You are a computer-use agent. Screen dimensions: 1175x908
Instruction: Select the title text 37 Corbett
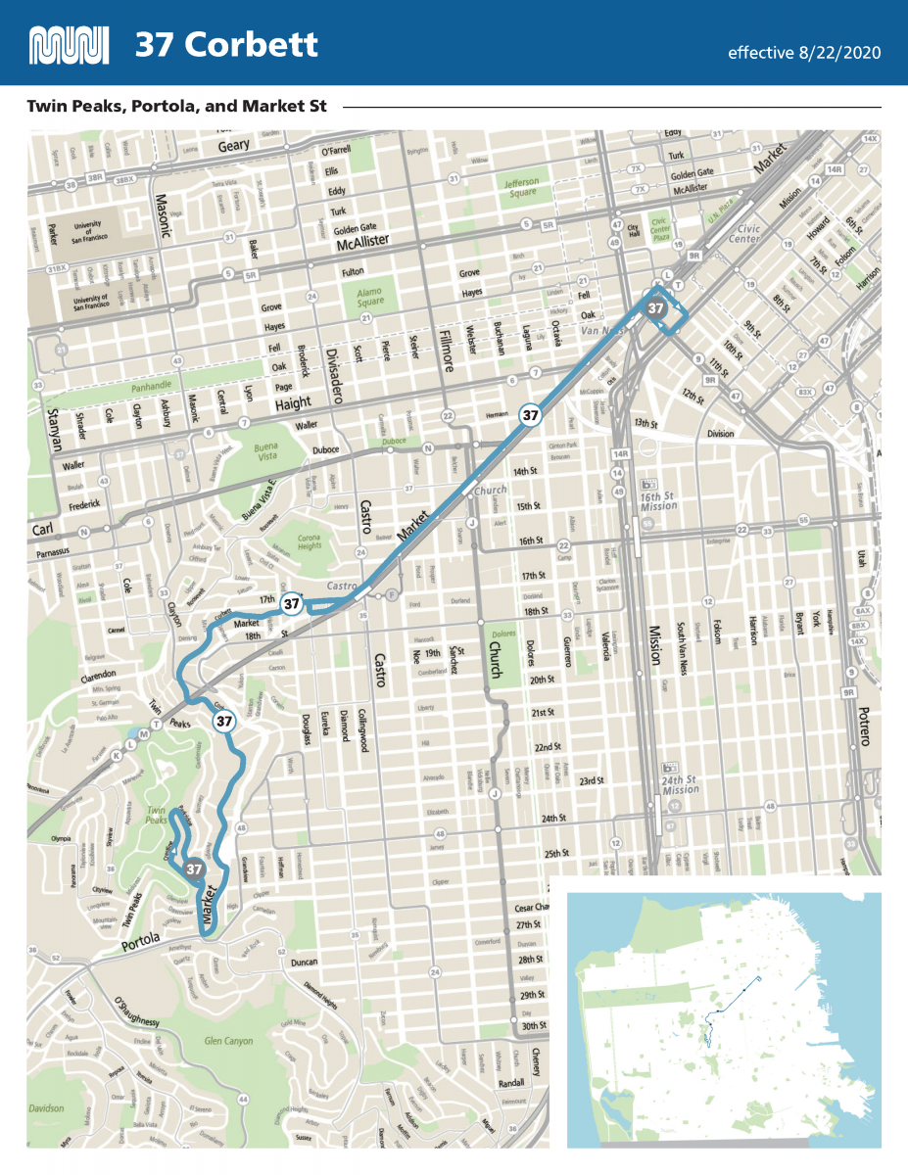click(226, 45)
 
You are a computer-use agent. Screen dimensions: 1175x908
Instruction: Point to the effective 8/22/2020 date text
click(803, 52)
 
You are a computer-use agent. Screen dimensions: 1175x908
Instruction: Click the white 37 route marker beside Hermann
click(530, 414)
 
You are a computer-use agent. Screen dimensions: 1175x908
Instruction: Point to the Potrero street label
click(863, 726)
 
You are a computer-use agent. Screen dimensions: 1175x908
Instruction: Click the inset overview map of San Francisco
click(724, 1019)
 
